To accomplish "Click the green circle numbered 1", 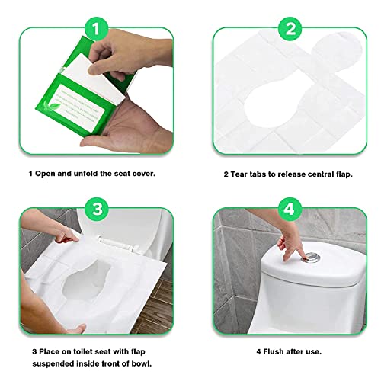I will click(x=97, y=30).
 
